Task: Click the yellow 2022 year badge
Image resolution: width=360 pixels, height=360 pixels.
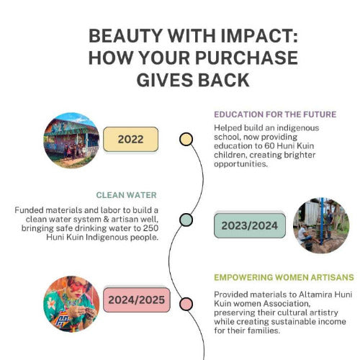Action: (x=131, y=139)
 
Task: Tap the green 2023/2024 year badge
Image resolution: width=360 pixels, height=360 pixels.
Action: (x=250, y=225)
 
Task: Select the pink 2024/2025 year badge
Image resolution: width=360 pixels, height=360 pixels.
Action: (x=137, y=300)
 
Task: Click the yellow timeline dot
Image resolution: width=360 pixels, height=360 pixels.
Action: (x=186, y=139)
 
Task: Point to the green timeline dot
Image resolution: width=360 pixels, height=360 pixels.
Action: (x=186, y=220)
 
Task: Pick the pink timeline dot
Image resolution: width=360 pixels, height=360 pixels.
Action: (x=186, y=304)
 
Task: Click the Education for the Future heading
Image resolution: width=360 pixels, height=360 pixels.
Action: (x=275, y=114)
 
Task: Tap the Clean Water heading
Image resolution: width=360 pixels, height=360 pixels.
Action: (x=126, y=195)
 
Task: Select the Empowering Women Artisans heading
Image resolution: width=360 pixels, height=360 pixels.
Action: (x=284, y=277)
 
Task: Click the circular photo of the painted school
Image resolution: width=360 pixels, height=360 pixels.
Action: (x=71, y=140)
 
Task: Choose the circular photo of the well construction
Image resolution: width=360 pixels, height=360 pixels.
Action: (x=321, y=225)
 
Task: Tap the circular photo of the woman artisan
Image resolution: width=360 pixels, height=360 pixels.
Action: (x=71, y=304)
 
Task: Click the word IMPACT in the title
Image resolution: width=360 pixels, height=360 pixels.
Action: (x=259, y=36)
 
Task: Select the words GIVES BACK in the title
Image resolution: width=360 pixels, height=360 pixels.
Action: (x=193, y=80)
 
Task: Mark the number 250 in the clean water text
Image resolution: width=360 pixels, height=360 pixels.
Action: (x=150, y=228)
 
